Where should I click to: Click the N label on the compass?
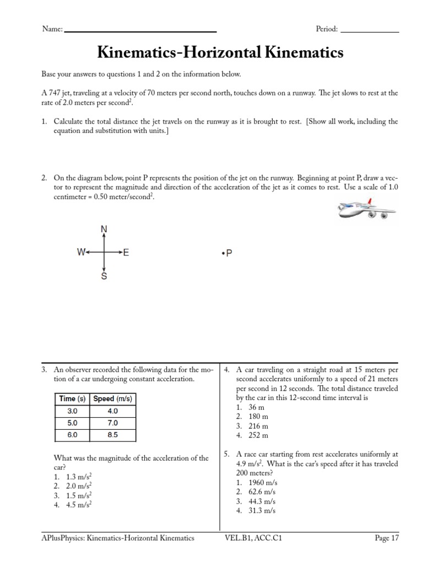pyautogui.click(x=104, y=229)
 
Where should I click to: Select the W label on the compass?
pyautogui.click(x=82, y=253)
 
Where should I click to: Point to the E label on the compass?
pyautogui.click(x=126, y=253)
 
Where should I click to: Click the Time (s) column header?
pyautogui.click(x=73, y=399)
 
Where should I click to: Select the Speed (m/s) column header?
pyautogui.click(x=112, y=399)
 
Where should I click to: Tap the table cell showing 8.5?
pyautogui.click(x=112, y=435)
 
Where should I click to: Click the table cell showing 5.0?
pyautogui.click(x=73, y=423)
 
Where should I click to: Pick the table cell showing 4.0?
pyautogui.click(x=112, y=411)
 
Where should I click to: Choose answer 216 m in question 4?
pyautogui.click(x=258, y=426)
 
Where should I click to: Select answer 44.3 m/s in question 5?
pyautogui.click(x=261, y=501)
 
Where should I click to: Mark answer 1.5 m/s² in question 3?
pyautogui.click(x=78, y=495)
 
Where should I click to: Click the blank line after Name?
pyautogui.click(x=140, y=30)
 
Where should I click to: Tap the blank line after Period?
pyautogui.click(x=369, y=30)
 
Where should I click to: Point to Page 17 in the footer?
pyautogui.click(x=387, y=538)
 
